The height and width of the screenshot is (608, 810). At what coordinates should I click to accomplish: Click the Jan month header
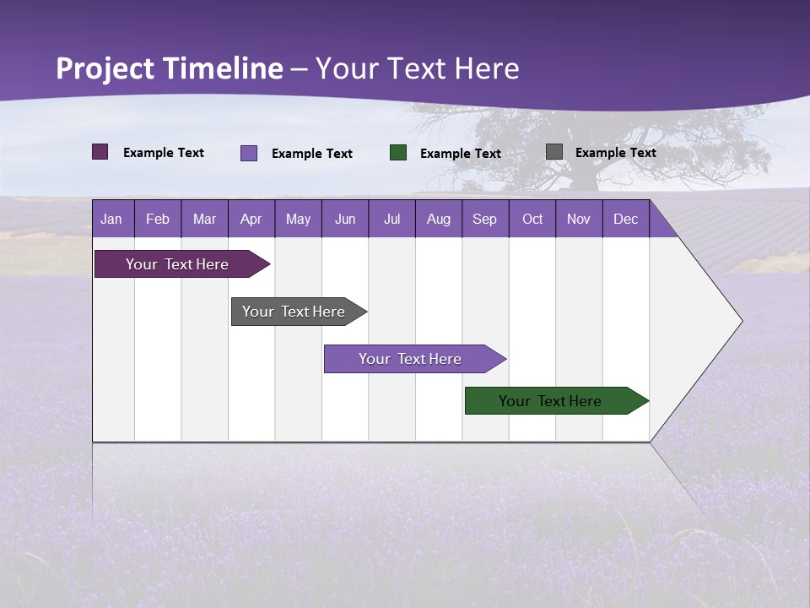112,219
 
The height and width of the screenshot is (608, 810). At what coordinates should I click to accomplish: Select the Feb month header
158,219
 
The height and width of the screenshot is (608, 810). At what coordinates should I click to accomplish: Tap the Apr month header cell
251,219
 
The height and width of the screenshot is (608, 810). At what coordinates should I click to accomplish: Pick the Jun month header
345,219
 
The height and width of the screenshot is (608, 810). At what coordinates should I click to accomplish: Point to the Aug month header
439,219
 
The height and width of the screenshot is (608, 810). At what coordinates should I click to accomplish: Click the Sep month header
485,219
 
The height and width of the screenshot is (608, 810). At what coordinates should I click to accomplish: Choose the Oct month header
532,219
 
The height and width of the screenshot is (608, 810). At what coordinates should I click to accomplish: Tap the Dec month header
626,219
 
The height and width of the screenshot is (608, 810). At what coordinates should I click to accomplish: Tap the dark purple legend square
100,152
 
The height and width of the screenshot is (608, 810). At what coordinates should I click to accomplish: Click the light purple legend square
249,153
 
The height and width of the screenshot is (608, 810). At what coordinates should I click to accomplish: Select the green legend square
398,153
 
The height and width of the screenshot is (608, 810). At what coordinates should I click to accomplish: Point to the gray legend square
554,152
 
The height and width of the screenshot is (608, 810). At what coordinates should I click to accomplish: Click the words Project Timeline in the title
170,68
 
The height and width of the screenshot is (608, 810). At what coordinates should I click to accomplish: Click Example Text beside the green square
461,154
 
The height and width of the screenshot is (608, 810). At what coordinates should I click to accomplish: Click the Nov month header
579,219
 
